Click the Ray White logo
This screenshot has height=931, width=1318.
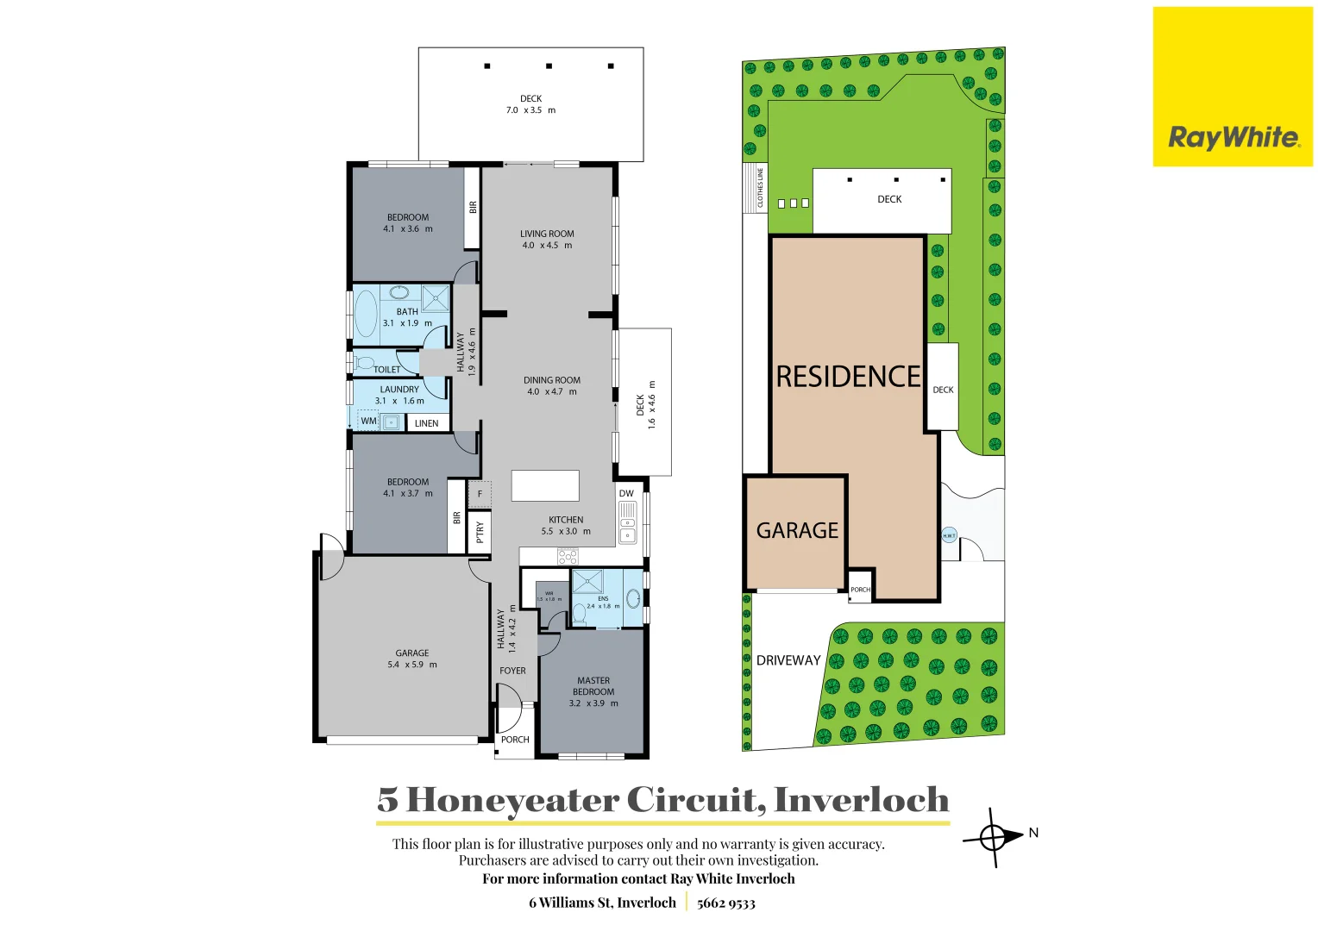(x=1233, y=137)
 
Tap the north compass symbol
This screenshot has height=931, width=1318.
(x=993, y=836)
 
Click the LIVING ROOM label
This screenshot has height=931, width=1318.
(x=547, y=234)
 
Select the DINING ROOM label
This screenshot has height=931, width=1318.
(x=551, y=380)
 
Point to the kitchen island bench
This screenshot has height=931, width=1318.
(x=545, y=485)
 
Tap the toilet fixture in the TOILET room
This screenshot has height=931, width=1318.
(x=364, y=362)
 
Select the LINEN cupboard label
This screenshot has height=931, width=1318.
(x=426, y=423)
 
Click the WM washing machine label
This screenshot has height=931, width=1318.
(x=368, y=422)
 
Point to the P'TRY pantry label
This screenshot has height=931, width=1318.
(x=480, y=532)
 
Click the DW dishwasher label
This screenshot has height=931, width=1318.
(x=626, y=494)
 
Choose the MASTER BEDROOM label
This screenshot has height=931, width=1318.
(x=593, y=686)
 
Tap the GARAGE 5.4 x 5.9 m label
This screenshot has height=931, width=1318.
(x=412, y=659)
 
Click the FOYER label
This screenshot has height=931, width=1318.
(x=512, y=671)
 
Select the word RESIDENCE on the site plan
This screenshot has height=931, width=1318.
(x=848, y=377)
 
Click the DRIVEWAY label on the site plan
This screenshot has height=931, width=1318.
(x=788, y=660)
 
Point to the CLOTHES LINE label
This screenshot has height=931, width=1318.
(x=760, y=188)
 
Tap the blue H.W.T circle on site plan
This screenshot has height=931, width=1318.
(x=949, y=535)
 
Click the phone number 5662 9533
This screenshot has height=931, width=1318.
(x=725, y=903)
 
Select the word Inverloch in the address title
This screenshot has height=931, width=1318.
(x=861, y=800)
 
